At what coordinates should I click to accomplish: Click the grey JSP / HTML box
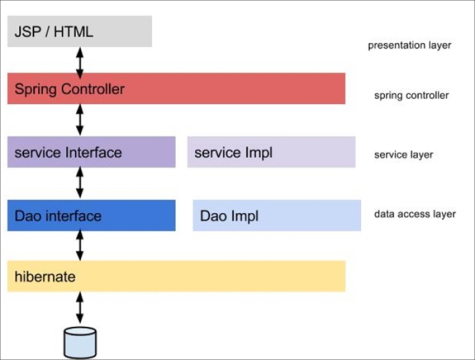pyautogui.click(x=79, y=31)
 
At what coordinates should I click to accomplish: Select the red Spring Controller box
pyautogui.click(x=176, y=89)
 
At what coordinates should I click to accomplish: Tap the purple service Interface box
pyautogui.click(x=91, y=152)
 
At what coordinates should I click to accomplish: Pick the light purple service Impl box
pyautogui.click(x=271, y=152)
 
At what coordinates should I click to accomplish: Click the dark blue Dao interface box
pyautogui.click(x=91, y=216)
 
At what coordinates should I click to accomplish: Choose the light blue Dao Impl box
pyautogui.click(x=276, y=216)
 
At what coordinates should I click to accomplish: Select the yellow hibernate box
pyautogui.click(x=176, y=277)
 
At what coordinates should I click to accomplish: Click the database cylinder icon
pyautogui.click(x=80, y=342)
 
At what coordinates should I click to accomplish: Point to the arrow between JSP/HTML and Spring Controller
pyautogui.click(x=80, y=60)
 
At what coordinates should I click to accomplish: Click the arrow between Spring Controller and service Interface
pyautogui.click(x=80, y=120)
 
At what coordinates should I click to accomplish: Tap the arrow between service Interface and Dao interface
pyautogui.click(x=80, y=183)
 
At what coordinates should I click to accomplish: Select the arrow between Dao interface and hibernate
pyautogui.click(x=80, y=245)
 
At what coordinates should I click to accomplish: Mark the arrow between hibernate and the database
pyautogui.click(x=80, y=308)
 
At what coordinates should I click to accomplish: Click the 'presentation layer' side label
pyautogui.click(x=409, y=46)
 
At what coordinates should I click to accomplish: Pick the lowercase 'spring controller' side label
pyautogui.click(x=411, y=96)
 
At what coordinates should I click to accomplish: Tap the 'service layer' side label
pyautogui.click(x=403, y=155)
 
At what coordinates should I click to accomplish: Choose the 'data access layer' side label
pyautogui.click(x=415, y=214)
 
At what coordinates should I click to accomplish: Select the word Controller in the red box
pyautogui.click(x=93, y=89)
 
